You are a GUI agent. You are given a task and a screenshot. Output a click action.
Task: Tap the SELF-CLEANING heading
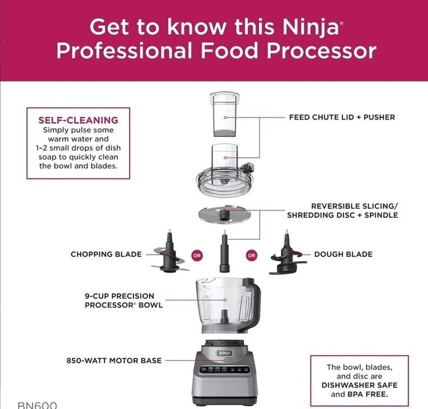(78, 120)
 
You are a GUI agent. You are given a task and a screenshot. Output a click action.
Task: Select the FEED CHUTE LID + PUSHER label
(342, 117)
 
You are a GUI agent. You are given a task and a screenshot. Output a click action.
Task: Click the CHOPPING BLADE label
(106, 254)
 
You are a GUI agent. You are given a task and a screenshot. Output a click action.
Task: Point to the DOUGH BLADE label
(343, 254)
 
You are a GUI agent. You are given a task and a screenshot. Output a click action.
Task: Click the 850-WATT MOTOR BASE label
(114, 360)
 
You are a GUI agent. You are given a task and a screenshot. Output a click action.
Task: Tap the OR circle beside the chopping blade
(197, 255)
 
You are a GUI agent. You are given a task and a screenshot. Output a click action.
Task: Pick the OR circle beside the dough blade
(251, 255)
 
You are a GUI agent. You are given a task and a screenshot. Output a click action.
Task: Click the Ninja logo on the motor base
(225, 353)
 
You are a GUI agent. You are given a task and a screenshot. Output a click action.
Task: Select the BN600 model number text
(37, 405)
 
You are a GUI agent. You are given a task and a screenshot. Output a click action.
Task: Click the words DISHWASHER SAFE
(359, 385)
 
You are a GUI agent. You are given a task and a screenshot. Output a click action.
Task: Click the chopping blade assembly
(169, 255)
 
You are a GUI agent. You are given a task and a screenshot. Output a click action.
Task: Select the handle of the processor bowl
(255, 302)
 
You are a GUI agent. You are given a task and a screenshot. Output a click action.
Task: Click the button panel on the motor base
(225, 370)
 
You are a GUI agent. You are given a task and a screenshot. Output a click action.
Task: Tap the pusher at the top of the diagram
(225, 115)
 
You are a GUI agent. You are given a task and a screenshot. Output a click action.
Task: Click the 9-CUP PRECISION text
(119, 296)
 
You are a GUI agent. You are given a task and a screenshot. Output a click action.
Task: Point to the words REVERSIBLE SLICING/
(354, 206)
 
